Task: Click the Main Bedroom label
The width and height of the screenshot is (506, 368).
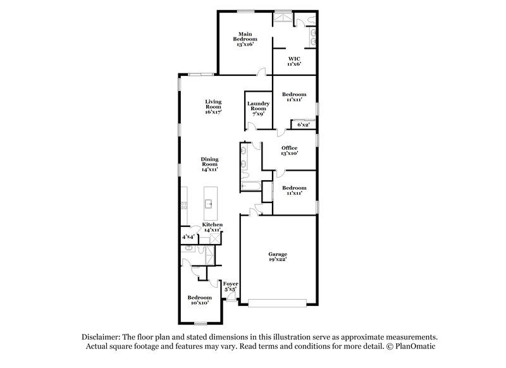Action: click(245, 39)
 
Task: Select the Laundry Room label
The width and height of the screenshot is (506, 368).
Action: click(258, 109)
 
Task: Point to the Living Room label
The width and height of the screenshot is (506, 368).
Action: click(213, 106)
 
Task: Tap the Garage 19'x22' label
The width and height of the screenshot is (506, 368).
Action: click(278, 258)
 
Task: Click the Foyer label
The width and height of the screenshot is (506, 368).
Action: click(231, 286)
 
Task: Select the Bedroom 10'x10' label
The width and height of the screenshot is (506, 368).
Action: click(199, 300)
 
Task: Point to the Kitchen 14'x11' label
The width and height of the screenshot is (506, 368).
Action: click(213, 228)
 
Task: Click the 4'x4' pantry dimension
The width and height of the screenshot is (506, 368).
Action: click(188, 236)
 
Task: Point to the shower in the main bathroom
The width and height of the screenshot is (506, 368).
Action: click(281, 19)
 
